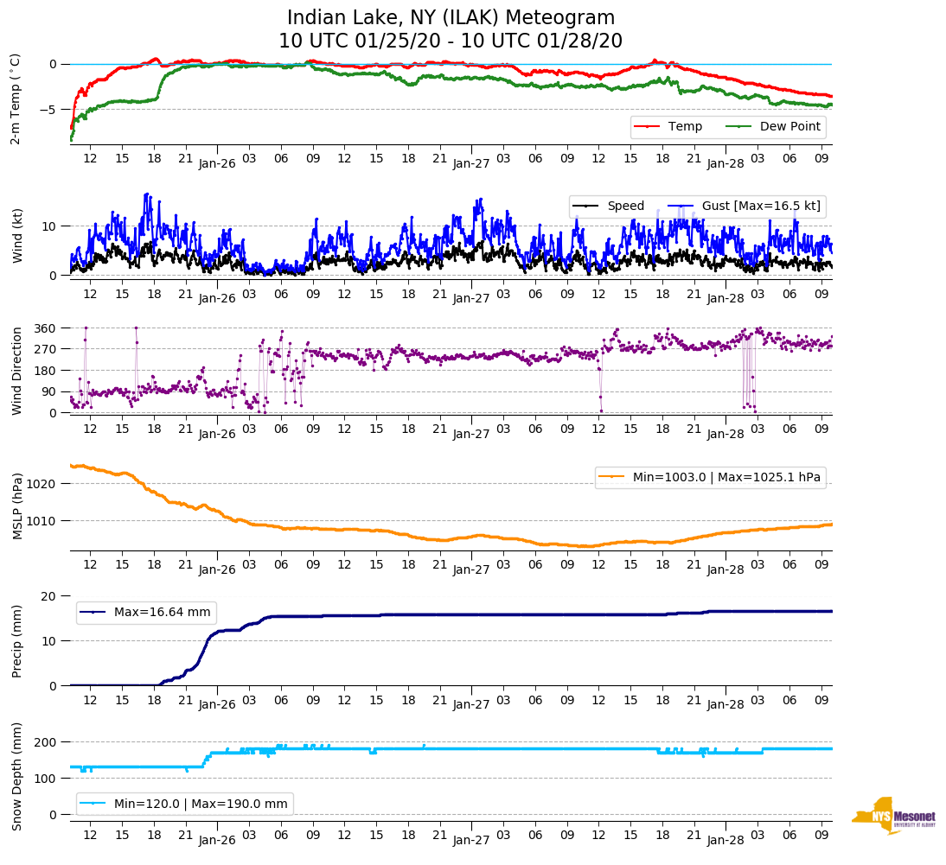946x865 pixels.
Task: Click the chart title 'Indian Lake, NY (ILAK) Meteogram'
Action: tap(451, 17)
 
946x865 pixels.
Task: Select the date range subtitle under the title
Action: tap(451, 41)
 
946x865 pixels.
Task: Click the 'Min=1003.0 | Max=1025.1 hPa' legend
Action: tap(710, 478)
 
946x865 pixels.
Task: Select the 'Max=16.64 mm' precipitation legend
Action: tap(146, 613)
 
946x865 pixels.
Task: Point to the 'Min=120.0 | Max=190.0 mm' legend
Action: tap(185, 804)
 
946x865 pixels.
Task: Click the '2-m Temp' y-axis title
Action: tap(15, 99)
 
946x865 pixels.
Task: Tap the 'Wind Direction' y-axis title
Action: tap(16, 370)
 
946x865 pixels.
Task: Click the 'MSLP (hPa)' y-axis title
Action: tap(16, 506)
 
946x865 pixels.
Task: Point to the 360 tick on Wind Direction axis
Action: tap(45, 328)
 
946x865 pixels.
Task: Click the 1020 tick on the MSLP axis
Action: tap(42, 484)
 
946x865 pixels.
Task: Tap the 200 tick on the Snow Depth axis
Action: tap(45, 742)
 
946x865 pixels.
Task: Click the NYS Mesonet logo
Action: tap(893, 816)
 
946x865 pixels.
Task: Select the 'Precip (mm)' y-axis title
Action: tap(16, 640)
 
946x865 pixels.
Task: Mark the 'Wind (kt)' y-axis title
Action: tap(16, 234)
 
